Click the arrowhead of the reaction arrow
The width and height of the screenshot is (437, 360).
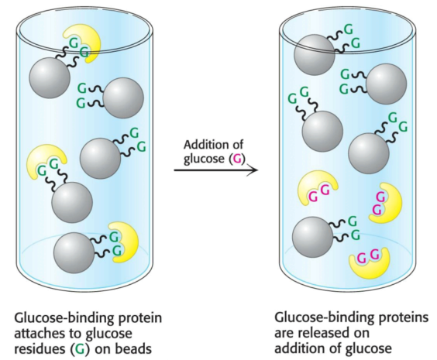tap(253, 170)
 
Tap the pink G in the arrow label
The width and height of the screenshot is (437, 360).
tap(236, 159)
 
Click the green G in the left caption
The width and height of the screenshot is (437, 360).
tap(80, 349)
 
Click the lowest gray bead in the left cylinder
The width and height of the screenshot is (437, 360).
tap(74, 253)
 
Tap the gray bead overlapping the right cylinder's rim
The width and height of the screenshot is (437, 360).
tap(315, 54)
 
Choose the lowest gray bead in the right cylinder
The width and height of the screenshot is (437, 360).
tap(313, 237)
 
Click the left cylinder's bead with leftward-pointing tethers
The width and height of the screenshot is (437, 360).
tap(123, 98)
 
